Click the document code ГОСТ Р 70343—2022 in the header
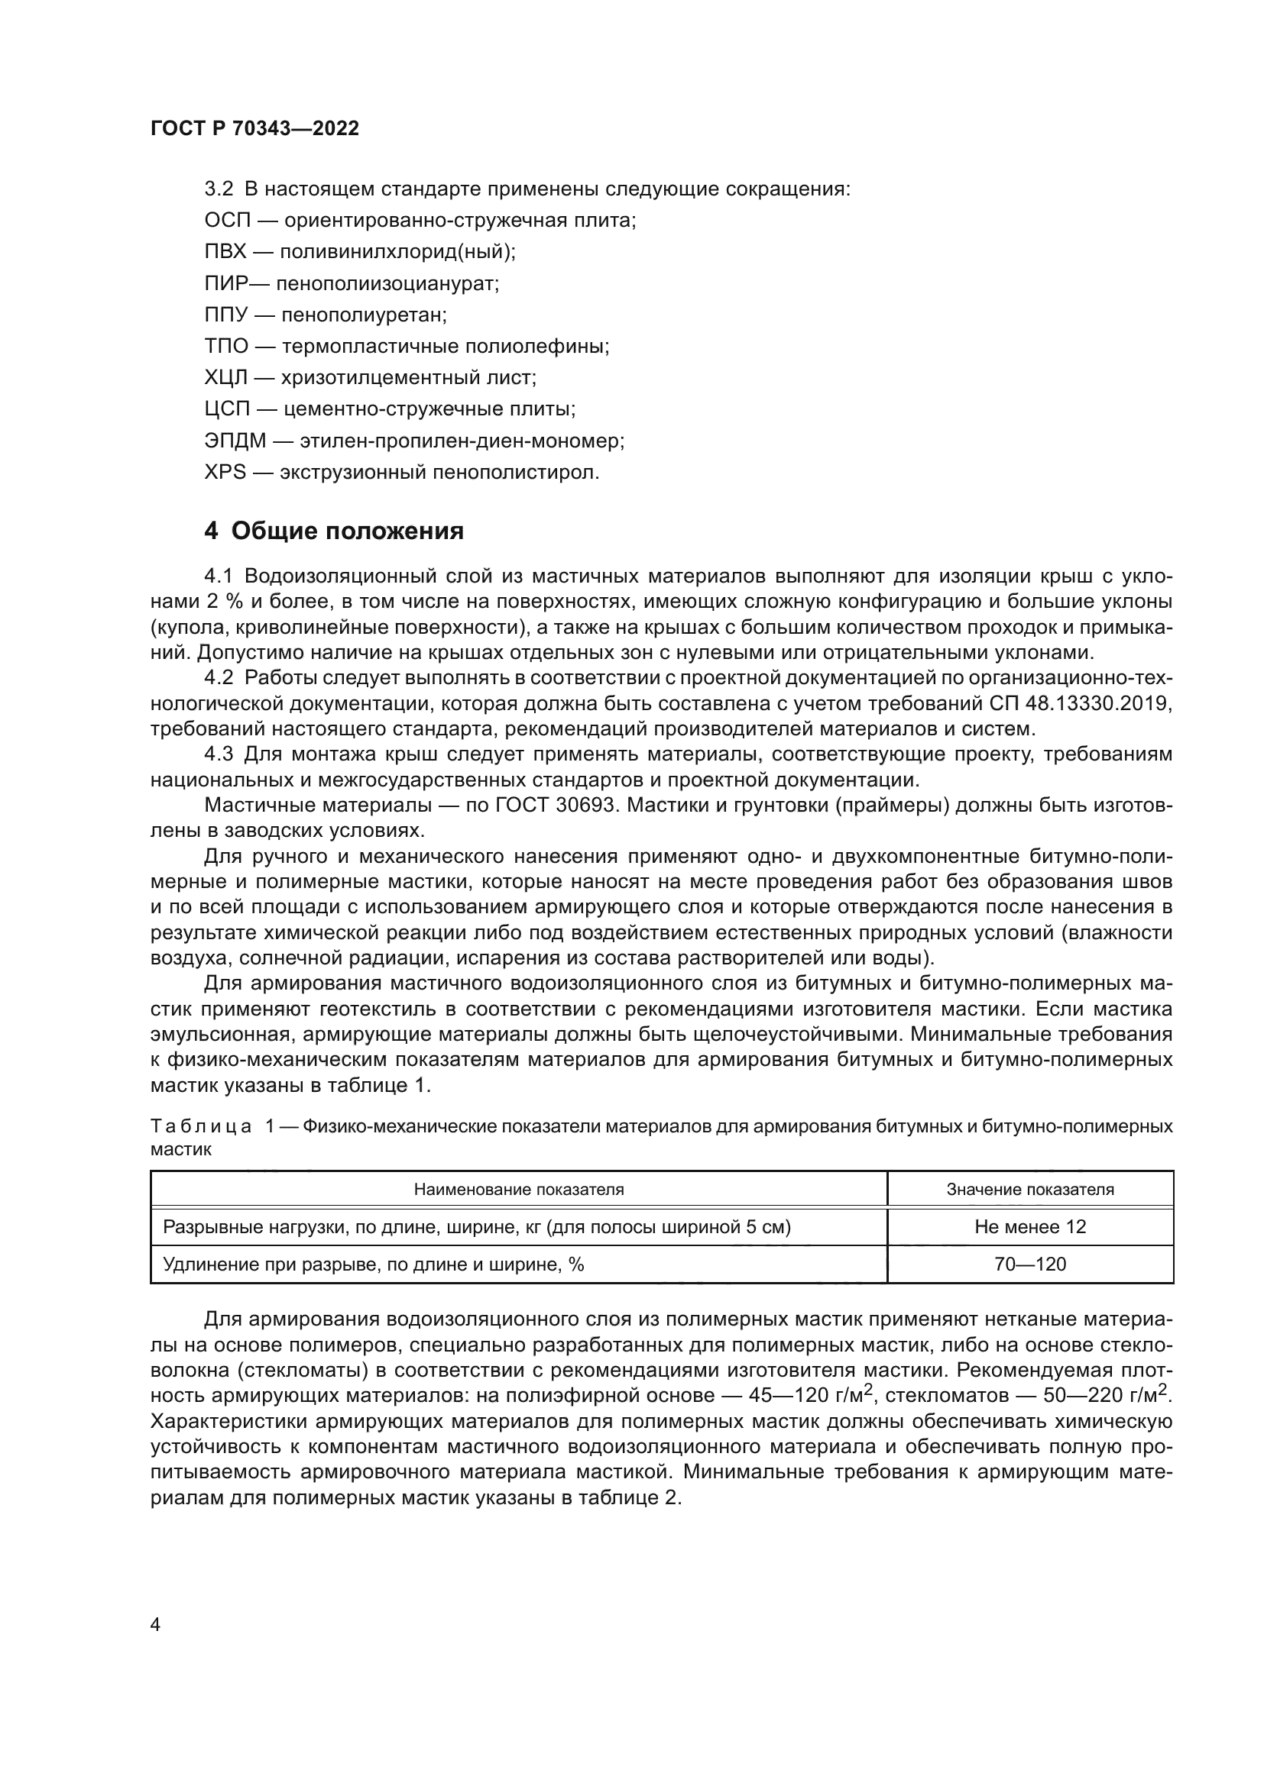[254, 129]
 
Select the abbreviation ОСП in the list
[228, 221]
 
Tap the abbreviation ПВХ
[225, 252]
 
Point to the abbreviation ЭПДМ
[235, 441]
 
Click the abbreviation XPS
[225, 472]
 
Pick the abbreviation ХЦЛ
[226, 378]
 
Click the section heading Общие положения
[347, 531]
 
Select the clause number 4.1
[219, 576]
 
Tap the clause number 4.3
[219, 754]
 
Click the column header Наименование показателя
[518, 1190]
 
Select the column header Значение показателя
[1029, 1190]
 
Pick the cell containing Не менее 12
[1029, 1227]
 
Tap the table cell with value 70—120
[1029, 1264]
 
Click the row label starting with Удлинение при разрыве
[373, 1264]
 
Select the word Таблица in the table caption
[201, 1126]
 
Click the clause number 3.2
[219, 189]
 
